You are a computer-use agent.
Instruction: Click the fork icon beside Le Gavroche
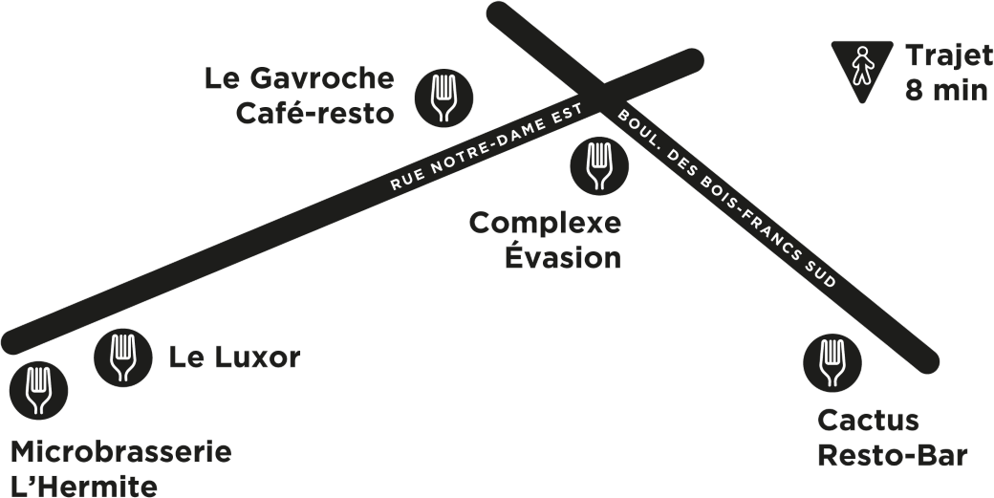point(444,96)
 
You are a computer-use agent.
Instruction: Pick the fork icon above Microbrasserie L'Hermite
point(37,390)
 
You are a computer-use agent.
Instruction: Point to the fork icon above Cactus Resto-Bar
point(832,361)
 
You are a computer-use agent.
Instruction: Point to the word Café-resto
point(313,113)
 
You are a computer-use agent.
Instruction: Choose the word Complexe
point(545,225)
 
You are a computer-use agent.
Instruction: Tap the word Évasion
point(562,258)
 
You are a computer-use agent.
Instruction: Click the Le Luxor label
point(234,357)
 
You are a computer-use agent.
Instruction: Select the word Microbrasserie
point(120,451)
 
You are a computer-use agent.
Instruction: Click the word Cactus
point(868,421)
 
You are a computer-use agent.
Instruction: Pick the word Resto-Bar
point(892,456)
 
